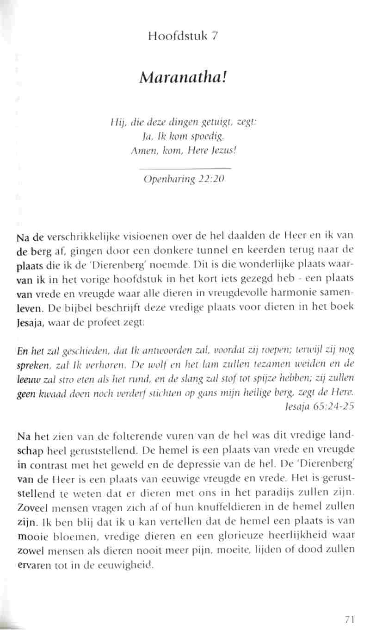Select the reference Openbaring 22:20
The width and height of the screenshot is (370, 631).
[x=185, y=180]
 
